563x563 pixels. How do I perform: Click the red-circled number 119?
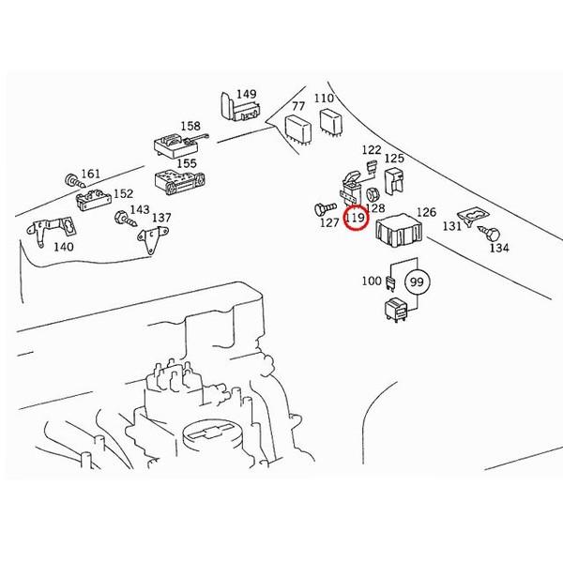click(x=356, y=218)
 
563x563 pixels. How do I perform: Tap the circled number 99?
click(x=417, y=281)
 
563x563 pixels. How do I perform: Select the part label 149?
click(x=247, y=94)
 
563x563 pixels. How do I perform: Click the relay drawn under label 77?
click(x=297, y=129)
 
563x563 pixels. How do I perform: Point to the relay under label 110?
click(x=331, y=122)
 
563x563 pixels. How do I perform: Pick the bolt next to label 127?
click(x=326, y=208)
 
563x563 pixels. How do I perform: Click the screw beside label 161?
click(x=75, y=180)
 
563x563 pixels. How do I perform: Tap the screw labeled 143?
click(x=126, y=219)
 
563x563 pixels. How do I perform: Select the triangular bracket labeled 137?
click(x=153, y=239)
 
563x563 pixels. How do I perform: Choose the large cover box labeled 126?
click(x=399, y=230)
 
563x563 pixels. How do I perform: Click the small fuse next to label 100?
click(x=390, y=283)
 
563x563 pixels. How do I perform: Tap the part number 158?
click(x=190, y=126)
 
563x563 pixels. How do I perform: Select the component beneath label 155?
click(x=179, y=183)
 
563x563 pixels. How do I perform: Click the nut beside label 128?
click(x=372, y=194)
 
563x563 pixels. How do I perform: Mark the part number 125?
click(x=394, y=158)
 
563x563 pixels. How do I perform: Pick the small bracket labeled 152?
click(x=94, y=200)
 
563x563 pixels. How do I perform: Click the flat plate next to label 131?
click(x=474, y=217)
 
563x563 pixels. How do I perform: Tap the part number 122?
click(x=372, y=150)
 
